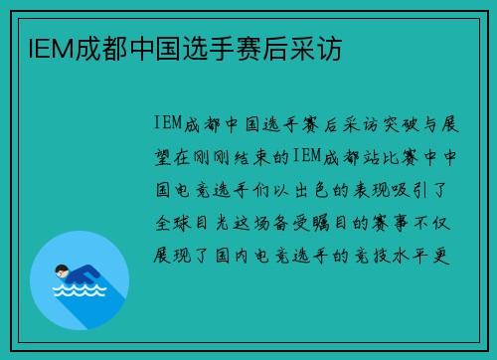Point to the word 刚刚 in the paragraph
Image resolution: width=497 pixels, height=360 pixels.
[218, 157]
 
